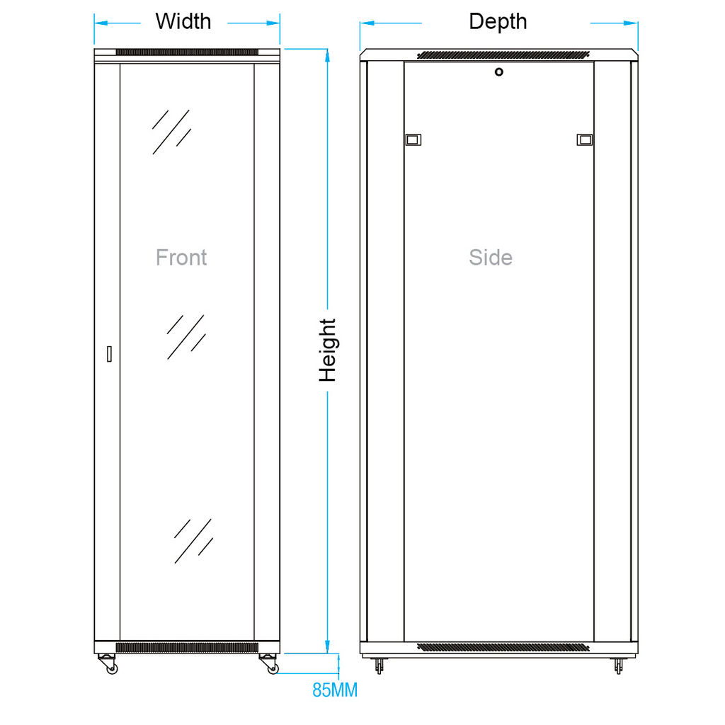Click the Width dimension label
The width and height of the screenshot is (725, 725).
pos(183,21)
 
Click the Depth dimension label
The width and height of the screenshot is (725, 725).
pos(498,22)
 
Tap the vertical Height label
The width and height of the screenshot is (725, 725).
pos(328,350)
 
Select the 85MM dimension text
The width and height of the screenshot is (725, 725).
pos(335,690)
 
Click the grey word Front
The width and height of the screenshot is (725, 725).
pos(181,257)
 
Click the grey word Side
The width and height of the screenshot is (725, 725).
pos(491,257)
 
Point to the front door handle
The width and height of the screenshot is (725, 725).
pos(109,354)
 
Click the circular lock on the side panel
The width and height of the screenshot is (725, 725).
pos(499,72)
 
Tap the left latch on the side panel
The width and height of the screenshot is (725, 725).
pos(413,139)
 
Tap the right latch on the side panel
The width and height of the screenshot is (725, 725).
pos(585,139)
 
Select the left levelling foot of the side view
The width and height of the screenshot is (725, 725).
pos(379,666)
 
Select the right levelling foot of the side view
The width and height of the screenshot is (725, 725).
pos(618,666)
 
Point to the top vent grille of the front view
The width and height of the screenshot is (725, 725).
pos(187,52)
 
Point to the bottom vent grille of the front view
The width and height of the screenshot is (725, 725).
pos(187,647)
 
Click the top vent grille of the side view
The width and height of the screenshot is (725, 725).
pos(503,55)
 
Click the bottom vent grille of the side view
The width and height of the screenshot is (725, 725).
pos(503,647)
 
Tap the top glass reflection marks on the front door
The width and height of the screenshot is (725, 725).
pos(171,132)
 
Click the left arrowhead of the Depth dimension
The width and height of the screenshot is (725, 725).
pos(367,23)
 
